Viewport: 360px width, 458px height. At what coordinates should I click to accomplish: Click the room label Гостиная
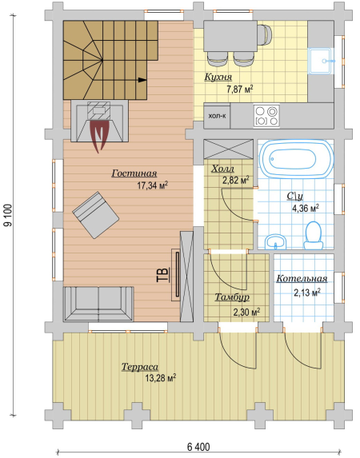coord(134,173)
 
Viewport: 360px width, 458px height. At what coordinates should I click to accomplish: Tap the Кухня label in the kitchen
coord(218,77)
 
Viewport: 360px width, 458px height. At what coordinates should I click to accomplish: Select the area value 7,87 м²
coord(240,89)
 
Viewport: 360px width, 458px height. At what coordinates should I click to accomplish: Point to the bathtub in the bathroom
coord(296,159)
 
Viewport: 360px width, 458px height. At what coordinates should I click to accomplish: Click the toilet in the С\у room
coord(314,236)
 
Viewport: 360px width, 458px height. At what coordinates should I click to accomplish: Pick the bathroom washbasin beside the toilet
coord(275,242)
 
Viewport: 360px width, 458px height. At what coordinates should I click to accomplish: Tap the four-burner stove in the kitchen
coord(266,116)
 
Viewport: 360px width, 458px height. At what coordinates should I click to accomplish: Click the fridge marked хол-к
coord(217,116)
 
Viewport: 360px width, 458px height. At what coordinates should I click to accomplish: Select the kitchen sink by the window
coord(321,61)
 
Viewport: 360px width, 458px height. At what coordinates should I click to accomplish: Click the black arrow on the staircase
coord(142,80)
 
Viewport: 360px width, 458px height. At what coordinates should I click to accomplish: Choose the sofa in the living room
coord(98,304)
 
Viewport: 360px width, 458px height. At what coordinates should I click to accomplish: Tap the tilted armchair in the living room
coord(96,215)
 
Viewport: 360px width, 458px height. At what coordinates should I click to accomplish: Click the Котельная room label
coord(302,279)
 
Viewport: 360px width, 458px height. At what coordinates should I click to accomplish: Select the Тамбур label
coord(232,297)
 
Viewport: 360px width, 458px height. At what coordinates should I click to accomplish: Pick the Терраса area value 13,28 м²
coord(161,378)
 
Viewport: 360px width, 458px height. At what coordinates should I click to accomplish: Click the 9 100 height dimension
coord(9,215)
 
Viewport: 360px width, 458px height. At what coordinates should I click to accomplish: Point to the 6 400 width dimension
coord(198,447)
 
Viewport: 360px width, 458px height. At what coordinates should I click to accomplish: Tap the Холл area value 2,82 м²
coord(236,180)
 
